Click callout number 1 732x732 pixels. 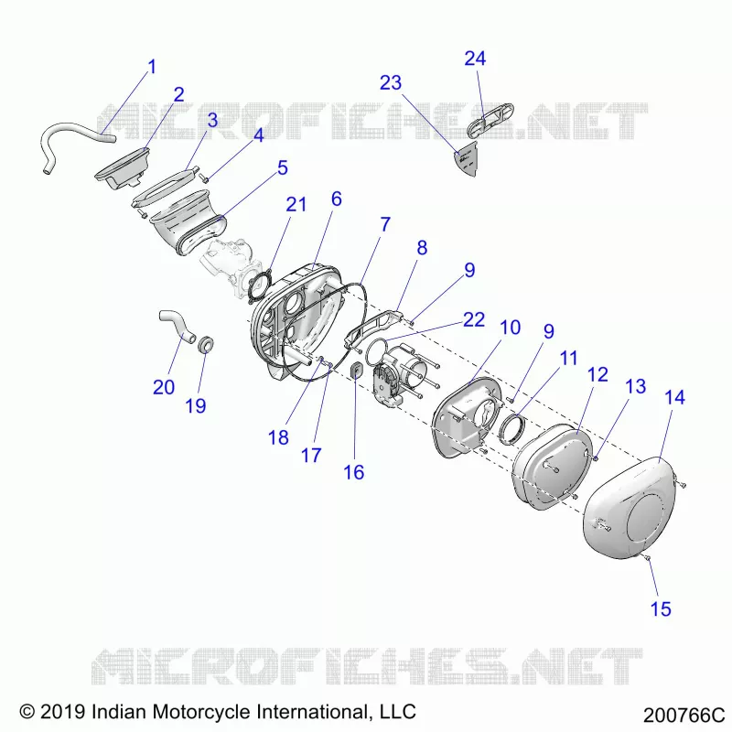152,67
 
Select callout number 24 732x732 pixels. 475,59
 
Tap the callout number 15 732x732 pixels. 661,608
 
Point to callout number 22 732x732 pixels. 473,319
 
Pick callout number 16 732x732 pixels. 353,472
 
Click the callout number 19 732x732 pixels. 196,405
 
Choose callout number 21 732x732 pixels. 296,204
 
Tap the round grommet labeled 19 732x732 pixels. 207,345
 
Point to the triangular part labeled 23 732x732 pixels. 468,158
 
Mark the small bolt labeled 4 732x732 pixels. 203,178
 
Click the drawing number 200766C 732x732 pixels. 684,716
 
